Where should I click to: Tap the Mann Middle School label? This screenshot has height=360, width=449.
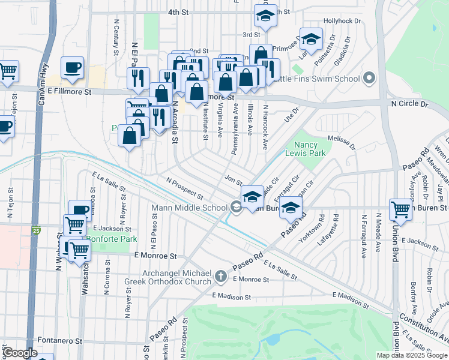pos(188,208)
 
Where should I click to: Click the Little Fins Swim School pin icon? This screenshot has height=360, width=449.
pos(369,79)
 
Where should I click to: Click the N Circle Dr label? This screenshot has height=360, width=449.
pos(409,103)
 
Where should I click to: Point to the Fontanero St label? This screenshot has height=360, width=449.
pos(59,340)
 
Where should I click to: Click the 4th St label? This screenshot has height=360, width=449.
pos(178,12)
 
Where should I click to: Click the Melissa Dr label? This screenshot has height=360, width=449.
pos(342,142)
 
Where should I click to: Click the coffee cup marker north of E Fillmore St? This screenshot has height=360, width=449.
pos(73,67)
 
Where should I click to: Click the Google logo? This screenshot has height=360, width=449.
pos(20,353)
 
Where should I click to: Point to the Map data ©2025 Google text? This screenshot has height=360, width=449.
pos(411,355)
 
